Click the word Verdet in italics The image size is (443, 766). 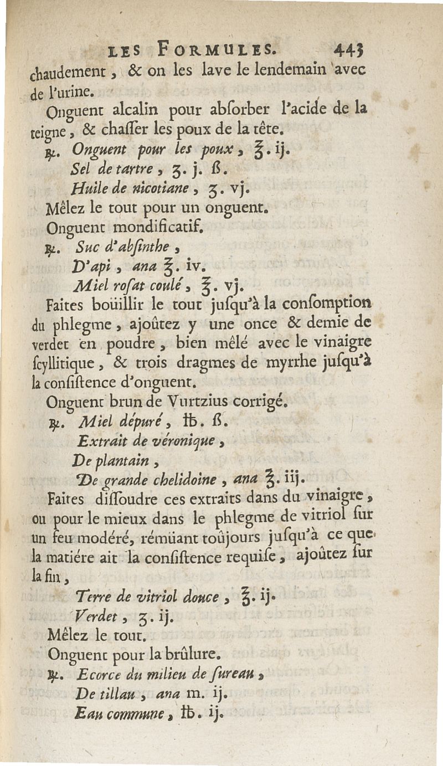tap(94, 615)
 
